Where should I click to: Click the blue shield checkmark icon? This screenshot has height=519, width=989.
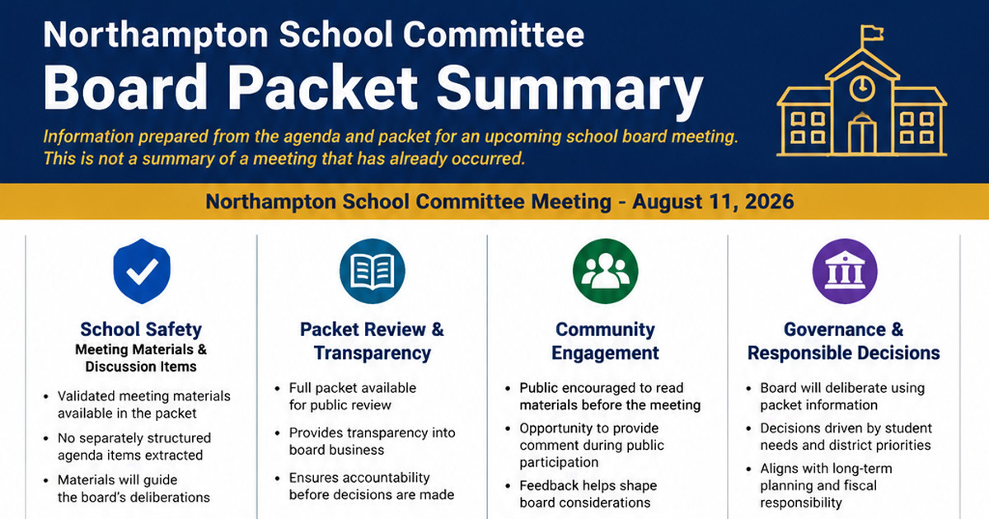click(142, 271)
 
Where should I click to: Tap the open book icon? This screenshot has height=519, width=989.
click(373, 271)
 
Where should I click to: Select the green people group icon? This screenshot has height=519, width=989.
click(605, 271)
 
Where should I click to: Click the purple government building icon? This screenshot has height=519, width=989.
click(845, 271)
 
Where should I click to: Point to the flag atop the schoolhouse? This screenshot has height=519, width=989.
click(872, 33)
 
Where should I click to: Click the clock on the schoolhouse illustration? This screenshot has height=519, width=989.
click(862, 87)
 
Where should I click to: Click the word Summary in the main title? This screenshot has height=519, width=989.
click(569, 88)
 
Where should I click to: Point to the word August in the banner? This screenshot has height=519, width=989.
click(667, 203)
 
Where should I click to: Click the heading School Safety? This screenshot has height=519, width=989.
click(141, 330)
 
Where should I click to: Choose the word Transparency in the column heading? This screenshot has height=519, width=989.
click(373, 353)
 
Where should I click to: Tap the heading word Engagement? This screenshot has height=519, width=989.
click(605, 353)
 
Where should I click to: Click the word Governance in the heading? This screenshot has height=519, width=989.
click(834, 330)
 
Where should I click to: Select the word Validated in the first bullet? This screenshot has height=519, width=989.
click(86, 396)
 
